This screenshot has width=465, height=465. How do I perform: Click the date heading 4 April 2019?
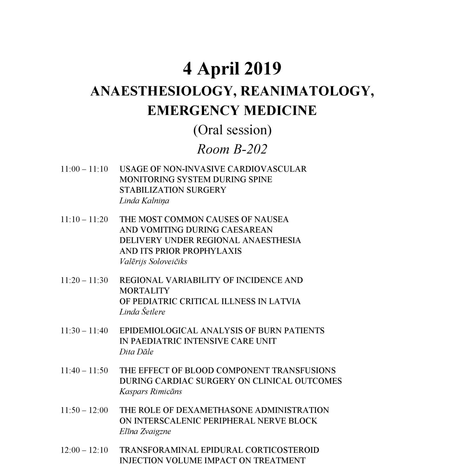click(x=232, y=69)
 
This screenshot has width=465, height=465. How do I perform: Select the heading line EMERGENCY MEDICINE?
click(x=232, y=110)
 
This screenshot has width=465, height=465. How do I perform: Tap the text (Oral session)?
click(x=232, y=130)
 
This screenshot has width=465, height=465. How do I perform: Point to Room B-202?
click(x=232, y=149)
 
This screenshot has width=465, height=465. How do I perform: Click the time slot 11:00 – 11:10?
click(x=84, y=169)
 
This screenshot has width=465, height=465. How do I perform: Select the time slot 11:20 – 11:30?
click(x=84, y=280)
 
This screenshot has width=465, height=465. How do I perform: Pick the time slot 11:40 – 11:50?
click(x=84, y=370)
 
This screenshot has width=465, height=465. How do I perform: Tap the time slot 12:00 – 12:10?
click(x=84, y=450)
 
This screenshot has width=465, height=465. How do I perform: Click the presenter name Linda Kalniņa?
click(x=144, y=201)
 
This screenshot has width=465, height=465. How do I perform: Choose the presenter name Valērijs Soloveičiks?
click(x=153, y=261)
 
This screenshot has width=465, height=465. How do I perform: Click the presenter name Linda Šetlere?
click(x=142, y=312)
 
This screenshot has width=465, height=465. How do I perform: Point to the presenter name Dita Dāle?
click(x=136, y=352)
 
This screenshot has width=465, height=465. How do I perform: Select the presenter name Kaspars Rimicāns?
click(x=151, y=392)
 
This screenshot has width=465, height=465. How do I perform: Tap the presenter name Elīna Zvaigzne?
click(x=145, y=431)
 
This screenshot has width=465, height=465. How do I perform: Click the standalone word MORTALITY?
click(x=144, y=291)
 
